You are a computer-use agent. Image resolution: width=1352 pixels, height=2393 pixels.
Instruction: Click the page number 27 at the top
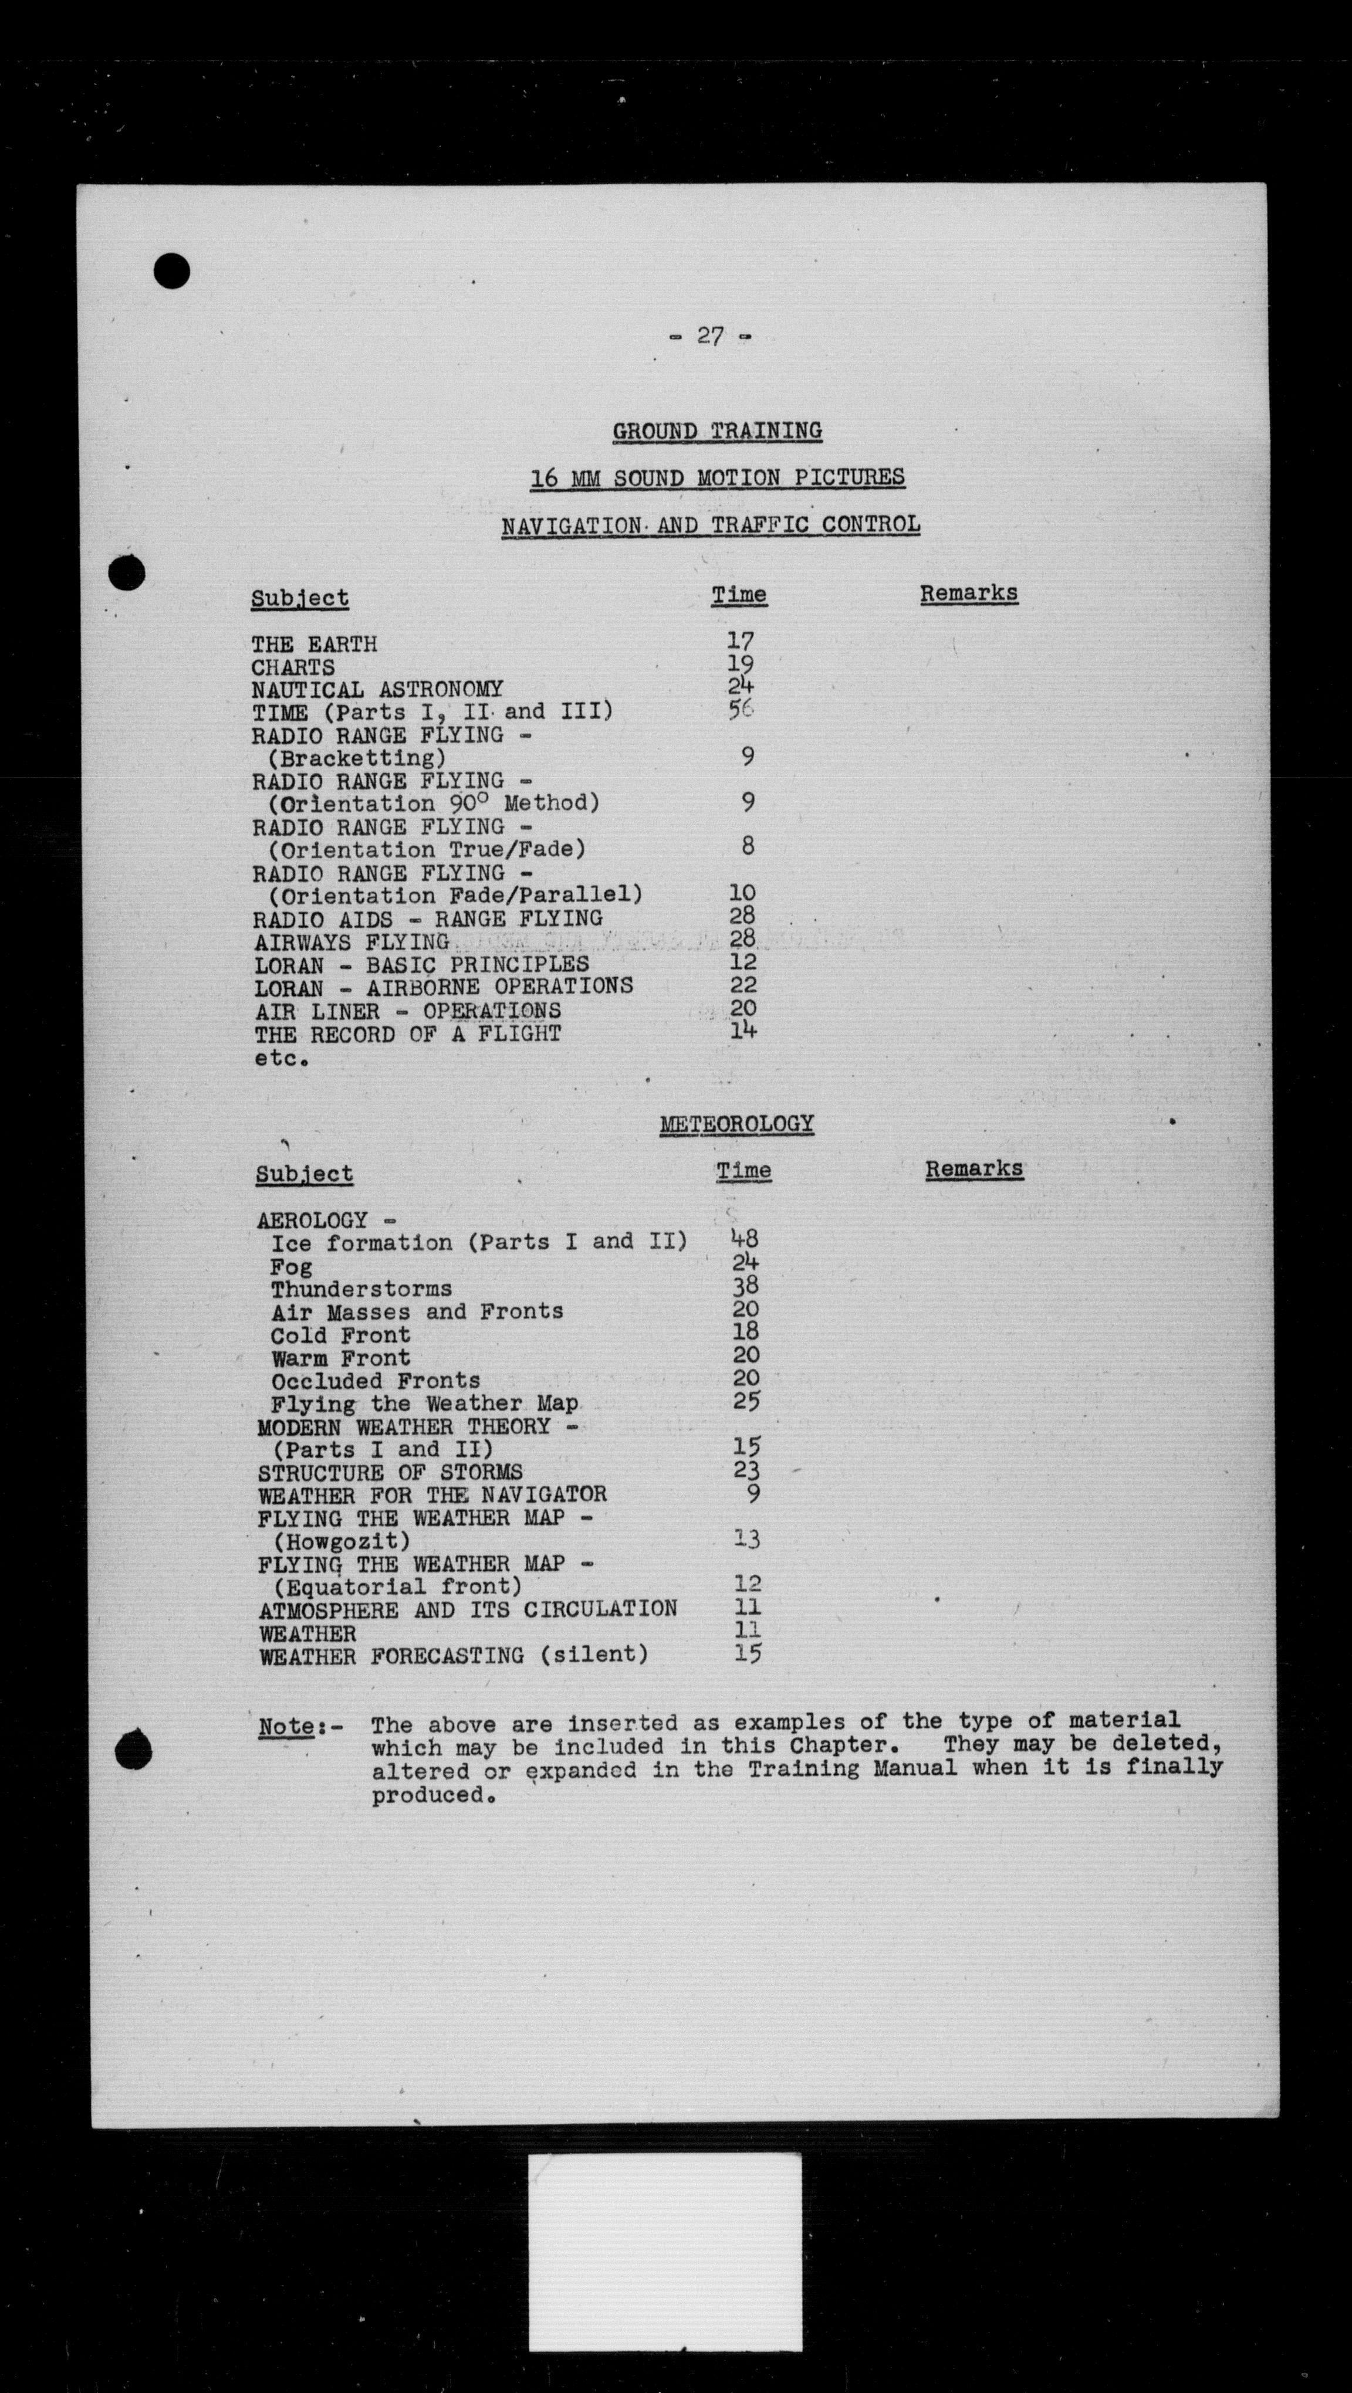click(x=710, y=336)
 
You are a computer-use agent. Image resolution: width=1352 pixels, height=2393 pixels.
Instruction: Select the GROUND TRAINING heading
click(x=716, y=431)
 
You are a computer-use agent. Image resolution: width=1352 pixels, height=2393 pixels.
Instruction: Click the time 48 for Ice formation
click(x=745, y=1238)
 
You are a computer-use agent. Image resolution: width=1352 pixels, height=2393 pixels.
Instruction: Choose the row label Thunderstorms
click(x=361, y=1289)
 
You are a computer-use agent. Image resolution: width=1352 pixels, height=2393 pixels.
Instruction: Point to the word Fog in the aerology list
click(x=291, y=1266)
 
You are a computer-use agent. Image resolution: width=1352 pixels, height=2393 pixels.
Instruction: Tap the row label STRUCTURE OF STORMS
click(x=390, y=1472)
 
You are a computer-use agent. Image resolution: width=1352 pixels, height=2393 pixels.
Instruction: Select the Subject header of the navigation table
click(x=299, y=598)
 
